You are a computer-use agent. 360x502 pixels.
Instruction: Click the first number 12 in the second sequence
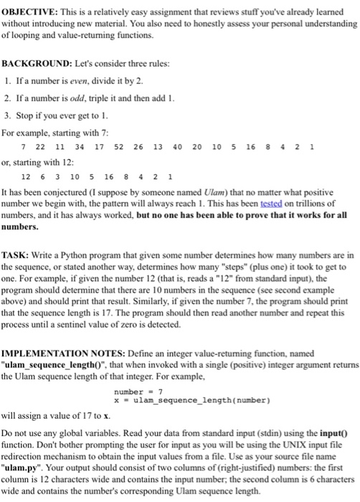[27, 177]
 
